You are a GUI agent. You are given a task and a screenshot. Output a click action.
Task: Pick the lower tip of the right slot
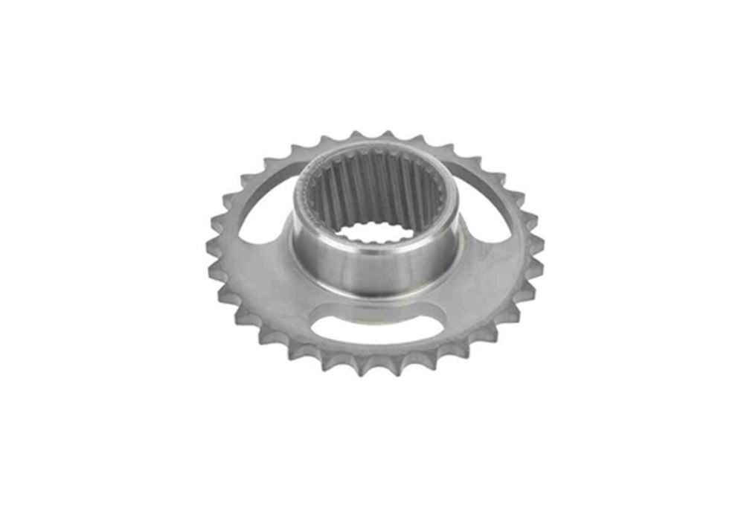click(x=506, y=234)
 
